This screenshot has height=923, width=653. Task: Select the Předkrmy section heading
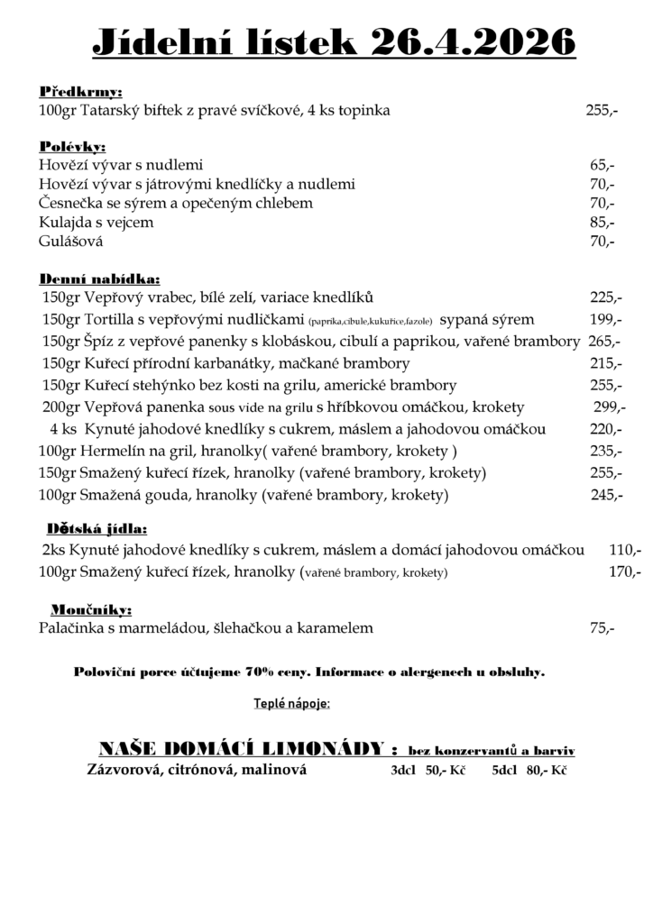pos(80,92)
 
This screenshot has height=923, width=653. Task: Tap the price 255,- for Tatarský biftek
pos(602,111)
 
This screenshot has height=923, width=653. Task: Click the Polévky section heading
pos(72,146)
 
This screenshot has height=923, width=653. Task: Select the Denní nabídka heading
pos(99,279)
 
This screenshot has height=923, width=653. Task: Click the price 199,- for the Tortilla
pos(604,319)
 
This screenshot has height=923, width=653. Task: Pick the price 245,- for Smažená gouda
pos(606,495)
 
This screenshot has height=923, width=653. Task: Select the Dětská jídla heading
pos(96,529)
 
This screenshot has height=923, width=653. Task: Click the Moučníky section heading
pos(91,609)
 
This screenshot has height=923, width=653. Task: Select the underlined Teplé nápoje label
pos(291,702)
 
